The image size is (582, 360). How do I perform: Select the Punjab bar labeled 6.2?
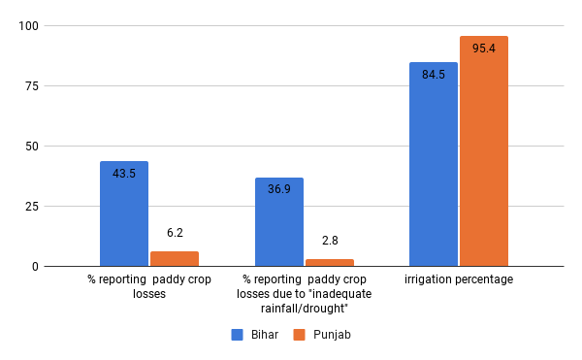click(175, 259)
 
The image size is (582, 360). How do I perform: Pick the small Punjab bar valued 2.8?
click(330, 263)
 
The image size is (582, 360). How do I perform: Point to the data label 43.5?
click(124, 175)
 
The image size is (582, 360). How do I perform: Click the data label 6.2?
click(175, 234)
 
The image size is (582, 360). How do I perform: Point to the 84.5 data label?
click(434, 75)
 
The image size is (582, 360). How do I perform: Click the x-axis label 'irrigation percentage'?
click(459, 279)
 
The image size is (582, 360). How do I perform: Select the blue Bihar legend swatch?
click(237, 335)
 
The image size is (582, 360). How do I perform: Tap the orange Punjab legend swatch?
click(300, 335)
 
